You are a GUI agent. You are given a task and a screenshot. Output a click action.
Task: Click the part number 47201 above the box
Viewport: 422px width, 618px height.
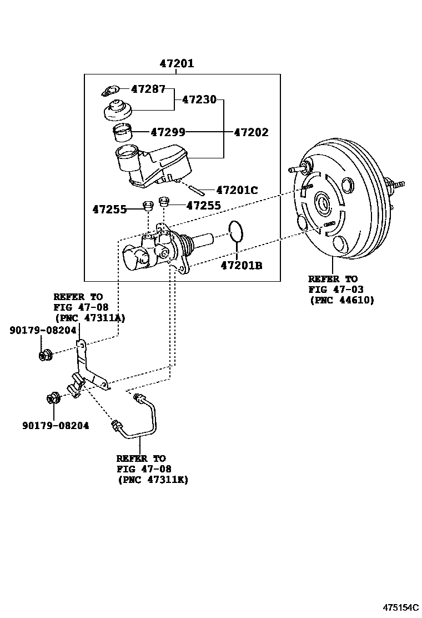177,63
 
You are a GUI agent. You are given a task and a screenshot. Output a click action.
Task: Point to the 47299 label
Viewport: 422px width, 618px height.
168,132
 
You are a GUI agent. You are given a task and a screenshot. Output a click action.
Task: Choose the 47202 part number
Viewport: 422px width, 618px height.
250,132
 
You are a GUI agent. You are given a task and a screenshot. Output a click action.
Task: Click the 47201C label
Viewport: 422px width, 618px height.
237,190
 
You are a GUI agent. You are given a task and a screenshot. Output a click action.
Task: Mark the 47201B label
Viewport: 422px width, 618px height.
241,266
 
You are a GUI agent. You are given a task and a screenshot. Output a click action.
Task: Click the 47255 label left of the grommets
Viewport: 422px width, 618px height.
109,210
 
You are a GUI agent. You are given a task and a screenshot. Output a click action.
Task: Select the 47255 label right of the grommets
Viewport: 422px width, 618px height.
203,205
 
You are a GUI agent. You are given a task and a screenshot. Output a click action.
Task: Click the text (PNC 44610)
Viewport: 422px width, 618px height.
341,300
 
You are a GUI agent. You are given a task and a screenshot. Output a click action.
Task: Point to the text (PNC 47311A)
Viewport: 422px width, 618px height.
89,318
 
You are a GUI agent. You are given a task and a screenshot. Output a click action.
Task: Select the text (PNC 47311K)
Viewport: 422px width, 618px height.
153,480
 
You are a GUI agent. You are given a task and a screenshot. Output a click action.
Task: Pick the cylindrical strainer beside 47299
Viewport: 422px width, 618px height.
122,134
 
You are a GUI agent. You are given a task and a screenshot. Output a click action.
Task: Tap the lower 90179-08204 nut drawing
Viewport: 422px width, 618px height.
53,398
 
